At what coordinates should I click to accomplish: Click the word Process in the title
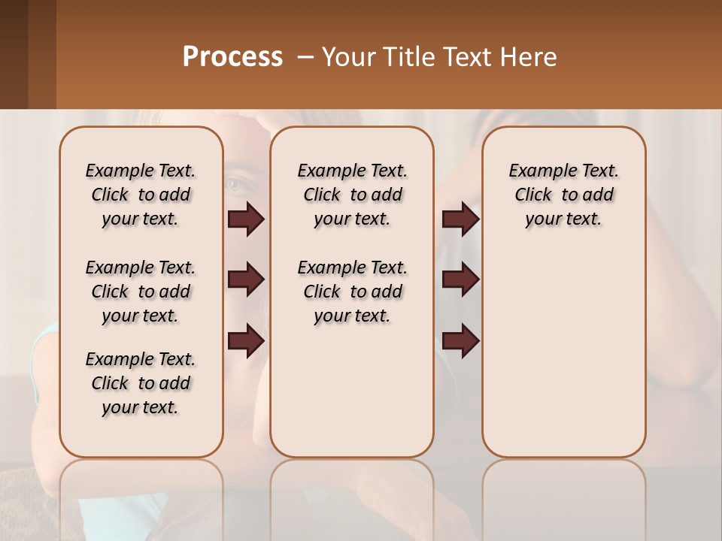(x=232, y=56)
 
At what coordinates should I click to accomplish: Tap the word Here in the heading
(x=529, y=57)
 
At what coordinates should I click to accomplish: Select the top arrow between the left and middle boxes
(x=246, y=219)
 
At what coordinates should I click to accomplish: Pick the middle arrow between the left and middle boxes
(x=246, y=280)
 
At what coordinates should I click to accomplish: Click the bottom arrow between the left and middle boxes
(x=246, y=340)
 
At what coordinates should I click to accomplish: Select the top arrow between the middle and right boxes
(x=460, y=219)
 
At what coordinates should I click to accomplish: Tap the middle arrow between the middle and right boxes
(x=460, y=280)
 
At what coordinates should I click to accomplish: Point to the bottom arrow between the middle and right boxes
(x=460, y=340)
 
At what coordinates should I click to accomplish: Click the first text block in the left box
(x=141, y=195)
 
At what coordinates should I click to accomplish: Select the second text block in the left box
(x=141, y=292)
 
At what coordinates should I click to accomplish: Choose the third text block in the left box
(x=141, y=383)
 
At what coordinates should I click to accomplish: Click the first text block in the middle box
(x=352, y=195)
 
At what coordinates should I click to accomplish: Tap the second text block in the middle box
(x=352, y=292)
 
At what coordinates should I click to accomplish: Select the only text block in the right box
(x=564, y=195)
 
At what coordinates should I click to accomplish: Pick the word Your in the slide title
(x=347, y=57)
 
